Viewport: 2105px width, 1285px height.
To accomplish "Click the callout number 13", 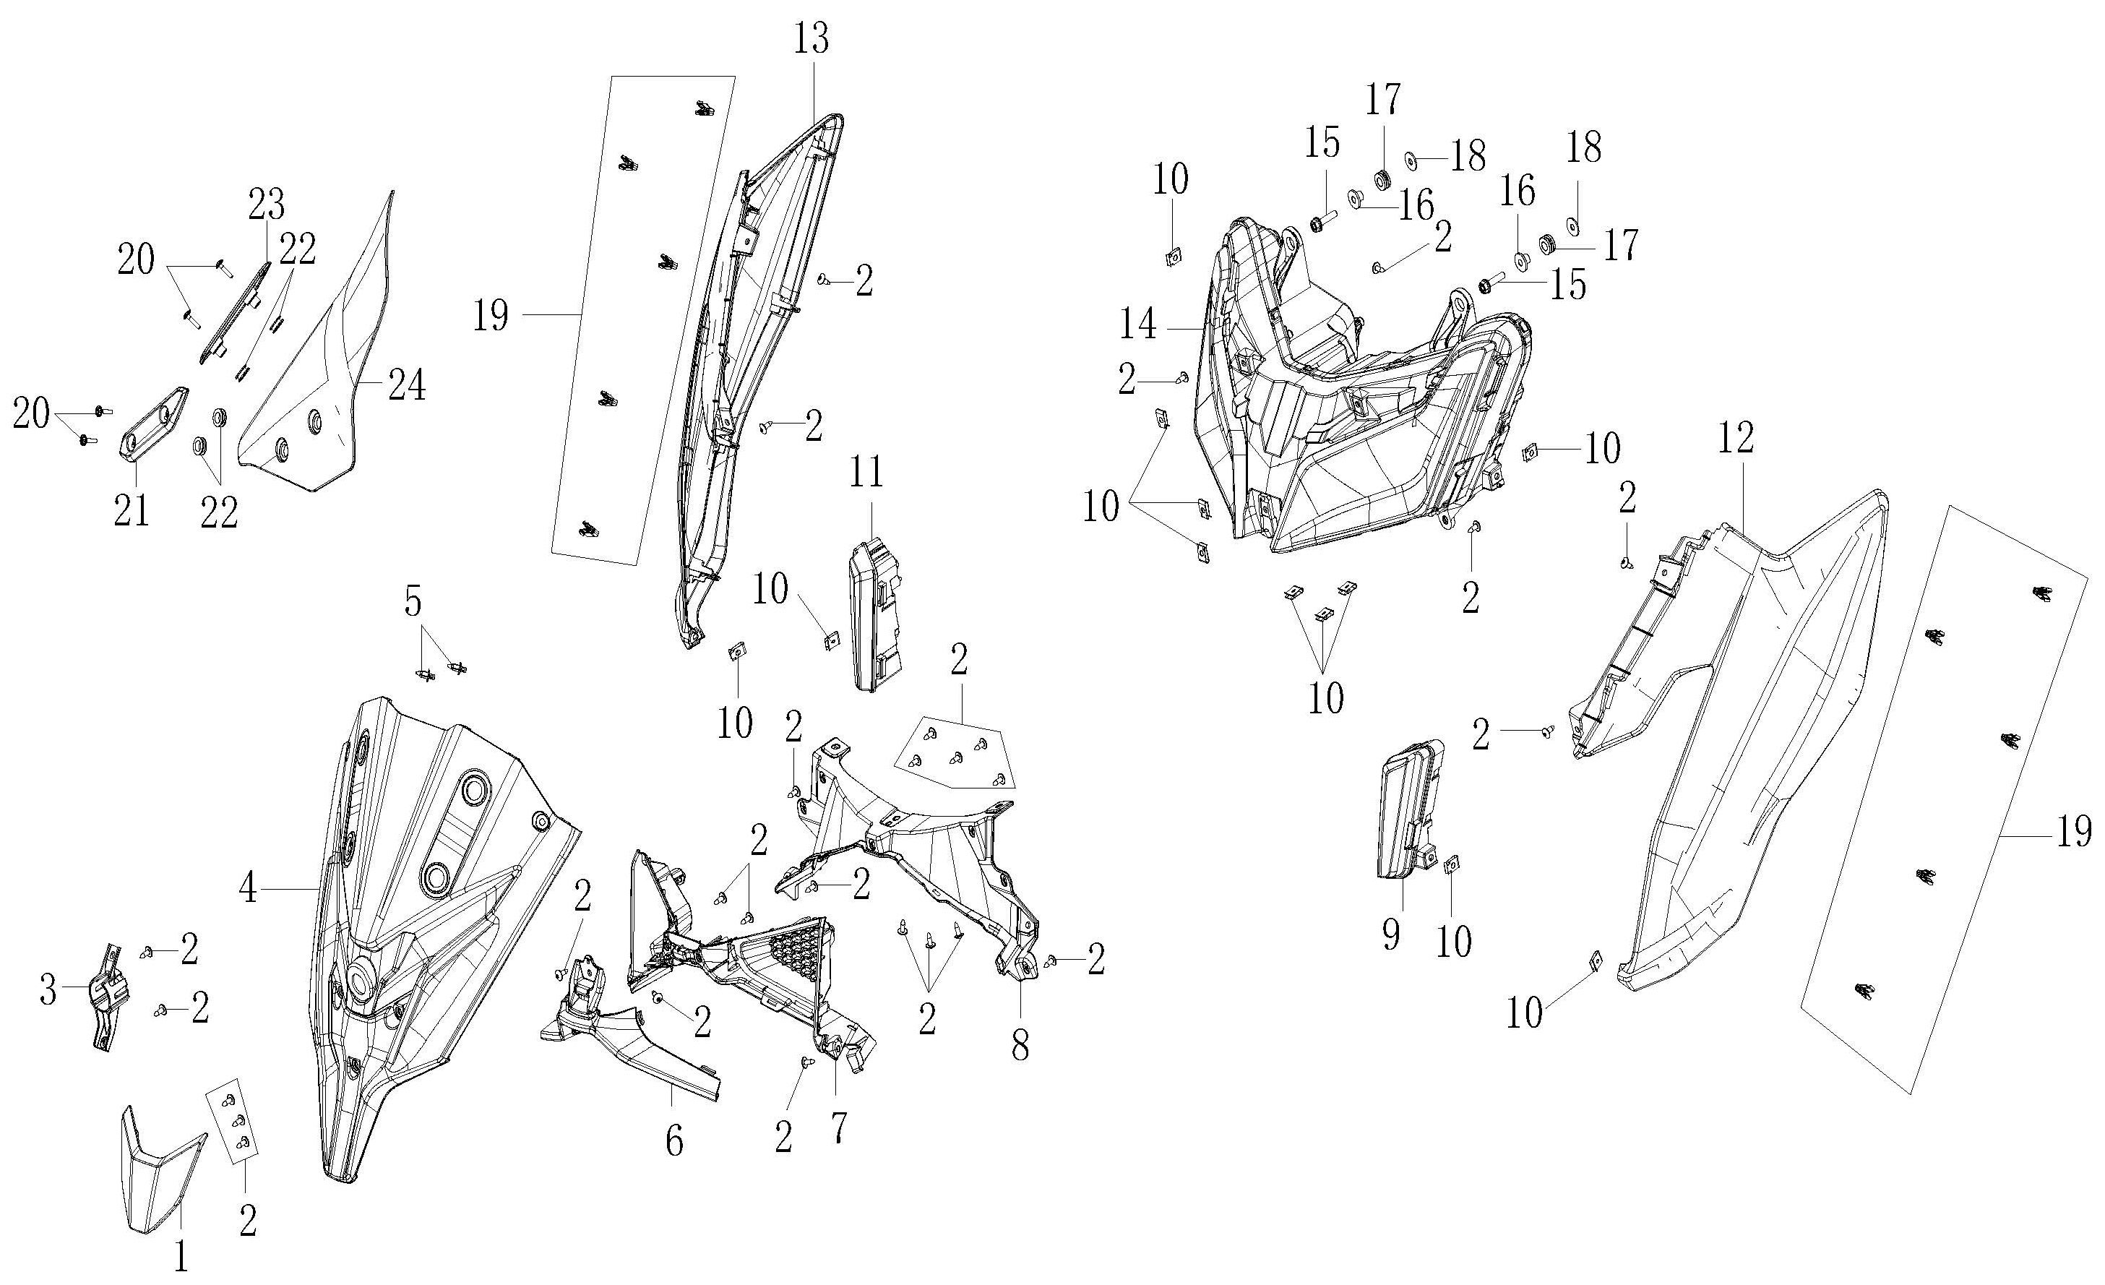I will (811, 39).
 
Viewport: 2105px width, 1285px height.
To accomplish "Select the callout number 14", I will (1139, 325).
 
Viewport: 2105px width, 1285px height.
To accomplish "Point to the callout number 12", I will (1736, 438).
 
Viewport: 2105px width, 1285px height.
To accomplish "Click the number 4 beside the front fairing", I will (248, 890).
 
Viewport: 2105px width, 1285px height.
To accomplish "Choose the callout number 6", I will (674, 1141).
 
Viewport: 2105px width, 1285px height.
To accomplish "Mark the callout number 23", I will (267, 206).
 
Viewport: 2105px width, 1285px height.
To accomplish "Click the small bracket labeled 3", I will (108, 995).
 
